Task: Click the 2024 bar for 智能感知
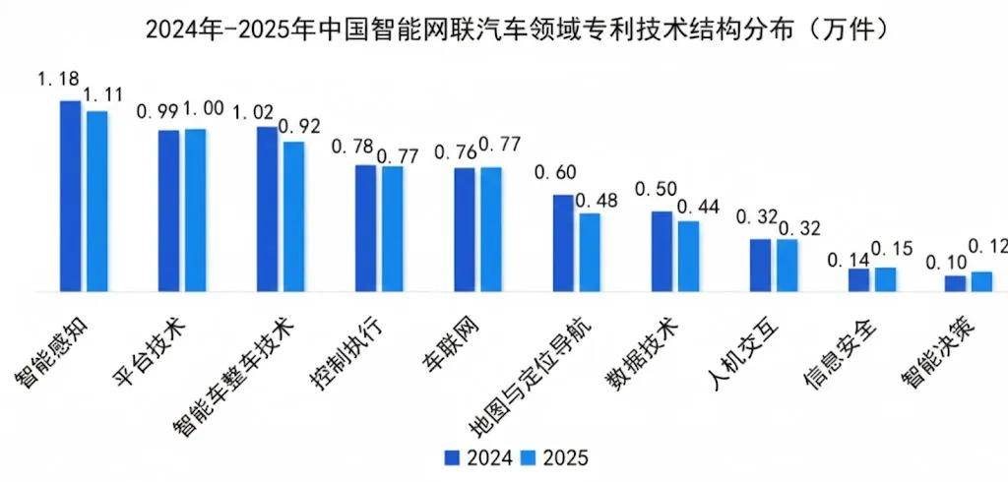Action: click(x=70, y=197)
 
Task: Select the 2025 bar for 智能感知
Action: click(x=96, y=202)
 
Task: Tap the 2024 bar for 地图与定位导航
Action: click(x=562, y=244)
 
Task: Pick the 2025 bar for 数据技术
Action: click(x=688, y=257)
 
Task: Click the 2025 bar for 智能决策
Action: click(x=982, y=282)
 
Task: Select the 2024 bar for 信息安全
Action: click(x=858, y=280)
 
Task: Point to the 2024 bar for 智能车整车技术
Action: click(x=267, y=210)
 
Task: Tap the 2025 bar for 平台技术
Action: click(x=195, y=211)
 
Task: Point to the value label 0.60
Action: click(x=554, y=173)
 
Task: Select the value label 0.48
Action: click(x=596, y=201)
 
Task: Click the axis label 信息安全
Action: click(x=840, y=351)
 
